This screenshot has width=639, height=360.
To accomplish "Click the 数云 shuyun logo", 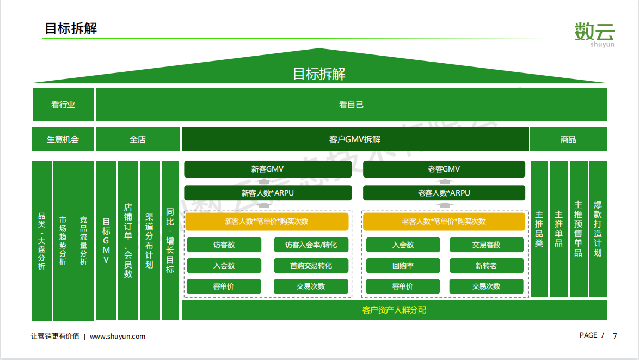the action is pos(594,35).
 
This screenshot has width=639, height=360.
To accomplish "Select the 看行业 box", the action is pos(63,105).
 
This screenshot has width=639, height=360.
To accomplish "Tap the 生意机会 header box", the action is pos(63,139).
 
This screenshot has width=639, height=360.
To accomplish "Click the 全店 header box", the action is pos(138,139).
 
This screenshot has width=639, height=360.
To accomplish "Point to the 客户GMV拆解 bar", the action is pos(355,139).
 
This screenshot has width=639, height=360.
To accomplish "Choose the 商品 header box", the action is pos(568,139).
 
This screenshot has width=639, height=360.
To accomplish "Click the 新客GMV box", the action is pos(268,169).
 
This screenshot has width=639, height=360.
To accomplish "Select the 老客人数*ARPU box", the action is pos(444,193).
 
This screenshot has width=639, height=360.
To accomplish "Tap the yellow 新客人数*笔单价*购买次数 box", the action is pos(267,221).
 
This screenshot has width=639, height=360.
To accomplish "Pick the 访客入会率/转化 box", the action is pos(311,245).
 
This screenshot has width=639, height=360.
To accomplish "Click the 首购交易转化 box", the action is pos(311,265).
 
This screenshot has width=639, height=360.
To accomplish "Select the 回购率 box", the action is pos(403,265).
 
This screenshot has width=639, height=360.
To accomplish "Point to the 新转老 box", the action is pos(486,265).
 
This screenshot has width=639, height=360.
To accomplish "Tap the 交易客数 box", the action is pos(486,245).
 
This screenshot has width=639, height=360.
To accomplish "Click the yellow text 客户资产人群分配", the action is pos(394,310).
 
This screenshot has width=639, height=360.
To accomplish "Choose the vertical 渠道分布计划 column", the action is pos(150,241).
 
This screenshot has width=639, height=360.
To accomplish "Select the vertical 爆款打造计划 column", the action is pos(598,229).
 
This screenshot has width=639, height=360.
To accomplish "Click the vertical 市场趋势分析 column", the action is pos(63,241).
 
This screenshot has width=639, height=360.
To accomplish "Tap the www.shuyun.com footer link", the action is pos(118,337).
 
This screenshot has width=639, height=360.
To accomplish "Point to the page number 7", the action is pos(615,336).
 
